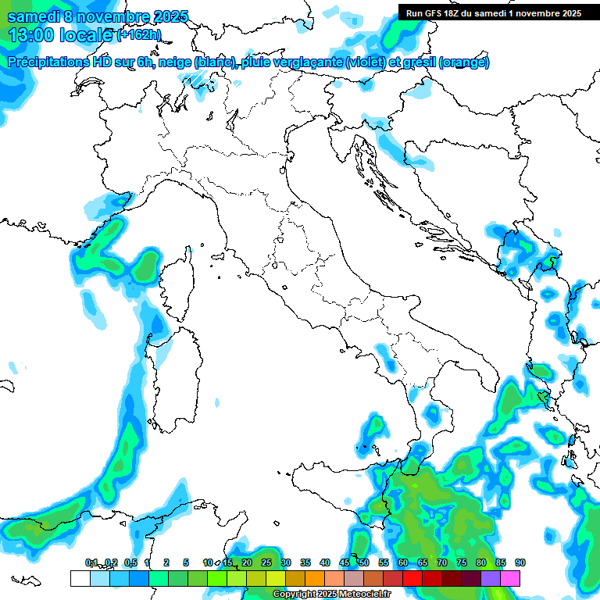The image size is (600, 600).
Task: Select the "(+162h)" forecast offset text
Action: (x=139, y=35)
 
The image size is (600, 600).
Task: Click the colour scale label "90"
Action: (x=520, y=562)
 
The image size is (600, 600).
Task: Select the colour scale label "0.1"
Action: (x=91, y=562)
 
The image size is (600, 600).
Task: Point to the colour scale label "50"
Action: (x=364, y=562)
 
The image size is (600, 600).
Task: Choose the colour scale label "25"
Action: (x=266, y=562)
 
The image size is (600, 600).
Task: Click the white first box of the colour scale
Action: (x=80, y=578)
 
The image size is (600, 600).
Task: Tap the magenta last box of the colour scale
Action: (x=510, y=578)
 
